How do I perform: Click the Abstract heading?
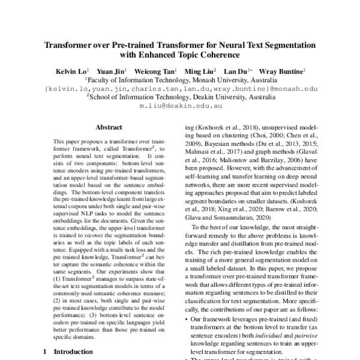click(109, 127)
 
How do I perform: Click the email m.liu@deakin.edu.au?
click(179, 104)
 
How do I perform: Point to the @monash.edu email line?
click(180, 87)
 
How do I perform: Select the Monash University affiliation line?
click(179, 79)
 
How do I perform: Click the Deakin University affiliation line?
click(179, 95)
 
